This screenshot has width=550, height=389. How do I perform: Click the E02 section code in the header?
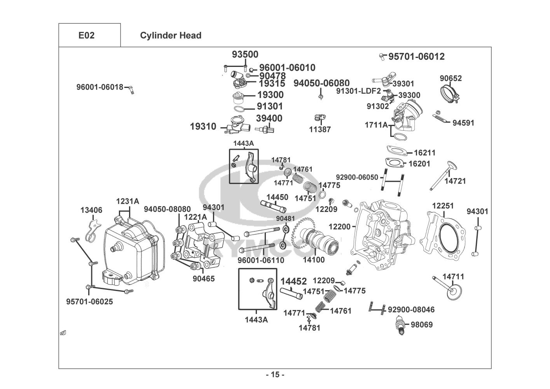pyautogui.click(x=86, y=35)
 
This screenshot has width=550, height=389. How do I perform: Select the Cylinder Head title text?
pyautogui.click(x=171, y=35)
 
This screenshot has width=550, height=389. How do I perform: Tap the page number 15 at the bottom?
pyautogui.click(x=275, y=375)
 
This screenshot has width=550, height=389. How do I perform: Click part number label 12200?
pyautogui.click(x=339, y=226)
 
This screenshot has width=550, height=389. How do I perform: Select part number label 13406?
pyautogui.click(x=91, y=210)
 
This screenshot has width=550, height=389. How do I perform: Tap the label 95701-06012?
pyautogui.click(x=416, y=57)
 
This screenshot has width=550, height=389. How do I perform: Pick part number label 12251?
pyautogui.click(x=443, y=206)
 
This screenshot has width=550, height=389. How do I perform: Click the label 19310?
pyautogui.click(x=203, y=126)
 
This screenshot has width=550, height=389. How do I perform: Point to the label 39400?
pyautogui.click(x=269, y=118)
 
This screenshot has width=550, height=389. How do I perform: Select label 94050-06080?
pyautogui.click(x=321, y=83)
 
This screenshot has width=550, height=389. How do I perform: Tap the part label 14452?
pyautogui.click(x=293, y=281)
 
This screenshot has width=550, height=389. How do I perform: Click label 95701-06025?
pyautogui.click(x=89, y=301)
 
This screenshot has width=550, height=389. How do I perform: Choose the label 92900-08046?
pyautogui.click(x=411, y=310)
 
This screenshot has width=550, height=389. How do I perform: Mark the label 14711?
pyautogui.click(x=453, y=277)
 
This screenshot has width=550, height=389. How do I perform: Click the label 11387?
pyautogui.click(x=320, y=130)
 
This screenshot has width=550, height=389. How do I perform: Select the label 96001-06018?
pyautogui.click(x=100, y=87)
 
